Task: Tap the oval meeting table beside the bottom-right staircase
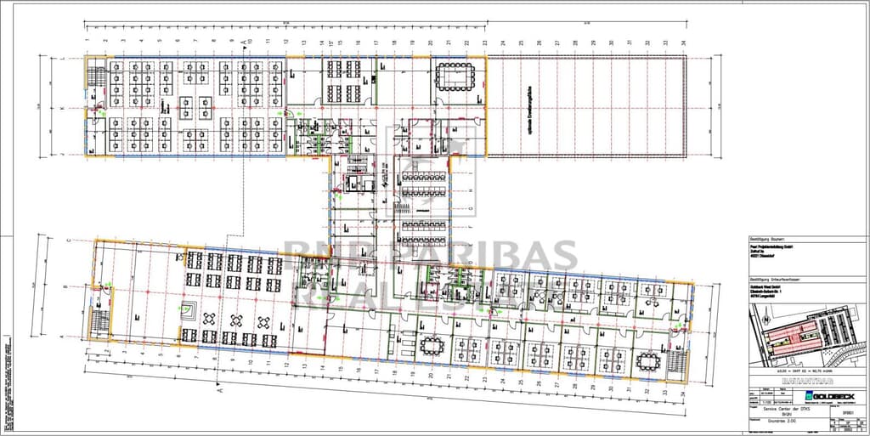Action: coord(650,360)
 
